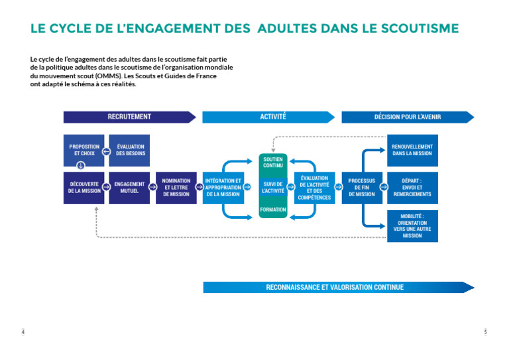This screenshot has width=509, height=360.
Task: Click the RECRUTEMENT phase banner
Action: point(129,117)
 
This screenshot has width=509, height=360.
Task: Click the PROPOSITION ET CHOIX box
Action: point(84,150)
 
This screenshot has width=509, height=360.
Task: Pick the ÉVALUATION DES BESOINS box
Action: point(130,150)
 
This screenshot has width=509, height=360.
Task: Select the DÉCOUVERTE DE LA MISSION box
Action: point(84,187)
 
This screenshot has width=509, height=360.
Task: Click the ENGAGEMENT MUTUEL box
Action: point(129,187)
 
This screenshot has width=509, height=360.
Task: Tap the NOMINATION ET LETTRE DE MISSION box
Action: point(176,187)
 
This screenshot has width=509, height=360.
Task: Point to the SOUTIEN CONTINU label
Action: point(272,162)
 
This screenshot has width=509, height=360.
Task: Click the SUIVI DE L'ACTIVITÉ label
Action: point(272,187)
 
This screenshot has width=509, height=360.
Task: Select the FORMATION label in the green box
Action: point(272,210)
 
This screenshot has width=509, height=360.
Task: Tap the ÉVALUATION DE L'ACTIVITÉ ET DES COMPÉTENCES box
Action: point(314,187)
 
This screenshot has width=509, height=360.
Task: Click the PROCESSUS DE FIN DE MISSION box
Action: point(361,187)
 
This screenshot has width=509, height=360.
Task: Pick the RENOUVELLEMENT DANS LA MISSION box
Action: point(412,150)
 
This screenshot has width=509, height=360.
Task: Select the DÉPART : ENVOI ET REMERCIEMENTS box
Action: point(412,187)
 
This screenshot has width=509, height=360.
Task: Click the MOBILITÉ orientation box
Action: point(412,225)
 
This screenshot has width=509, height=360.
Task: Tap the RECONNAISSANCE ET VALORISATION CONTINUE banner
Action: point(335,287)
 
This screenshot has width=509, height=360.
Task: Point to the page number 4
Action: point(23,331)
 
